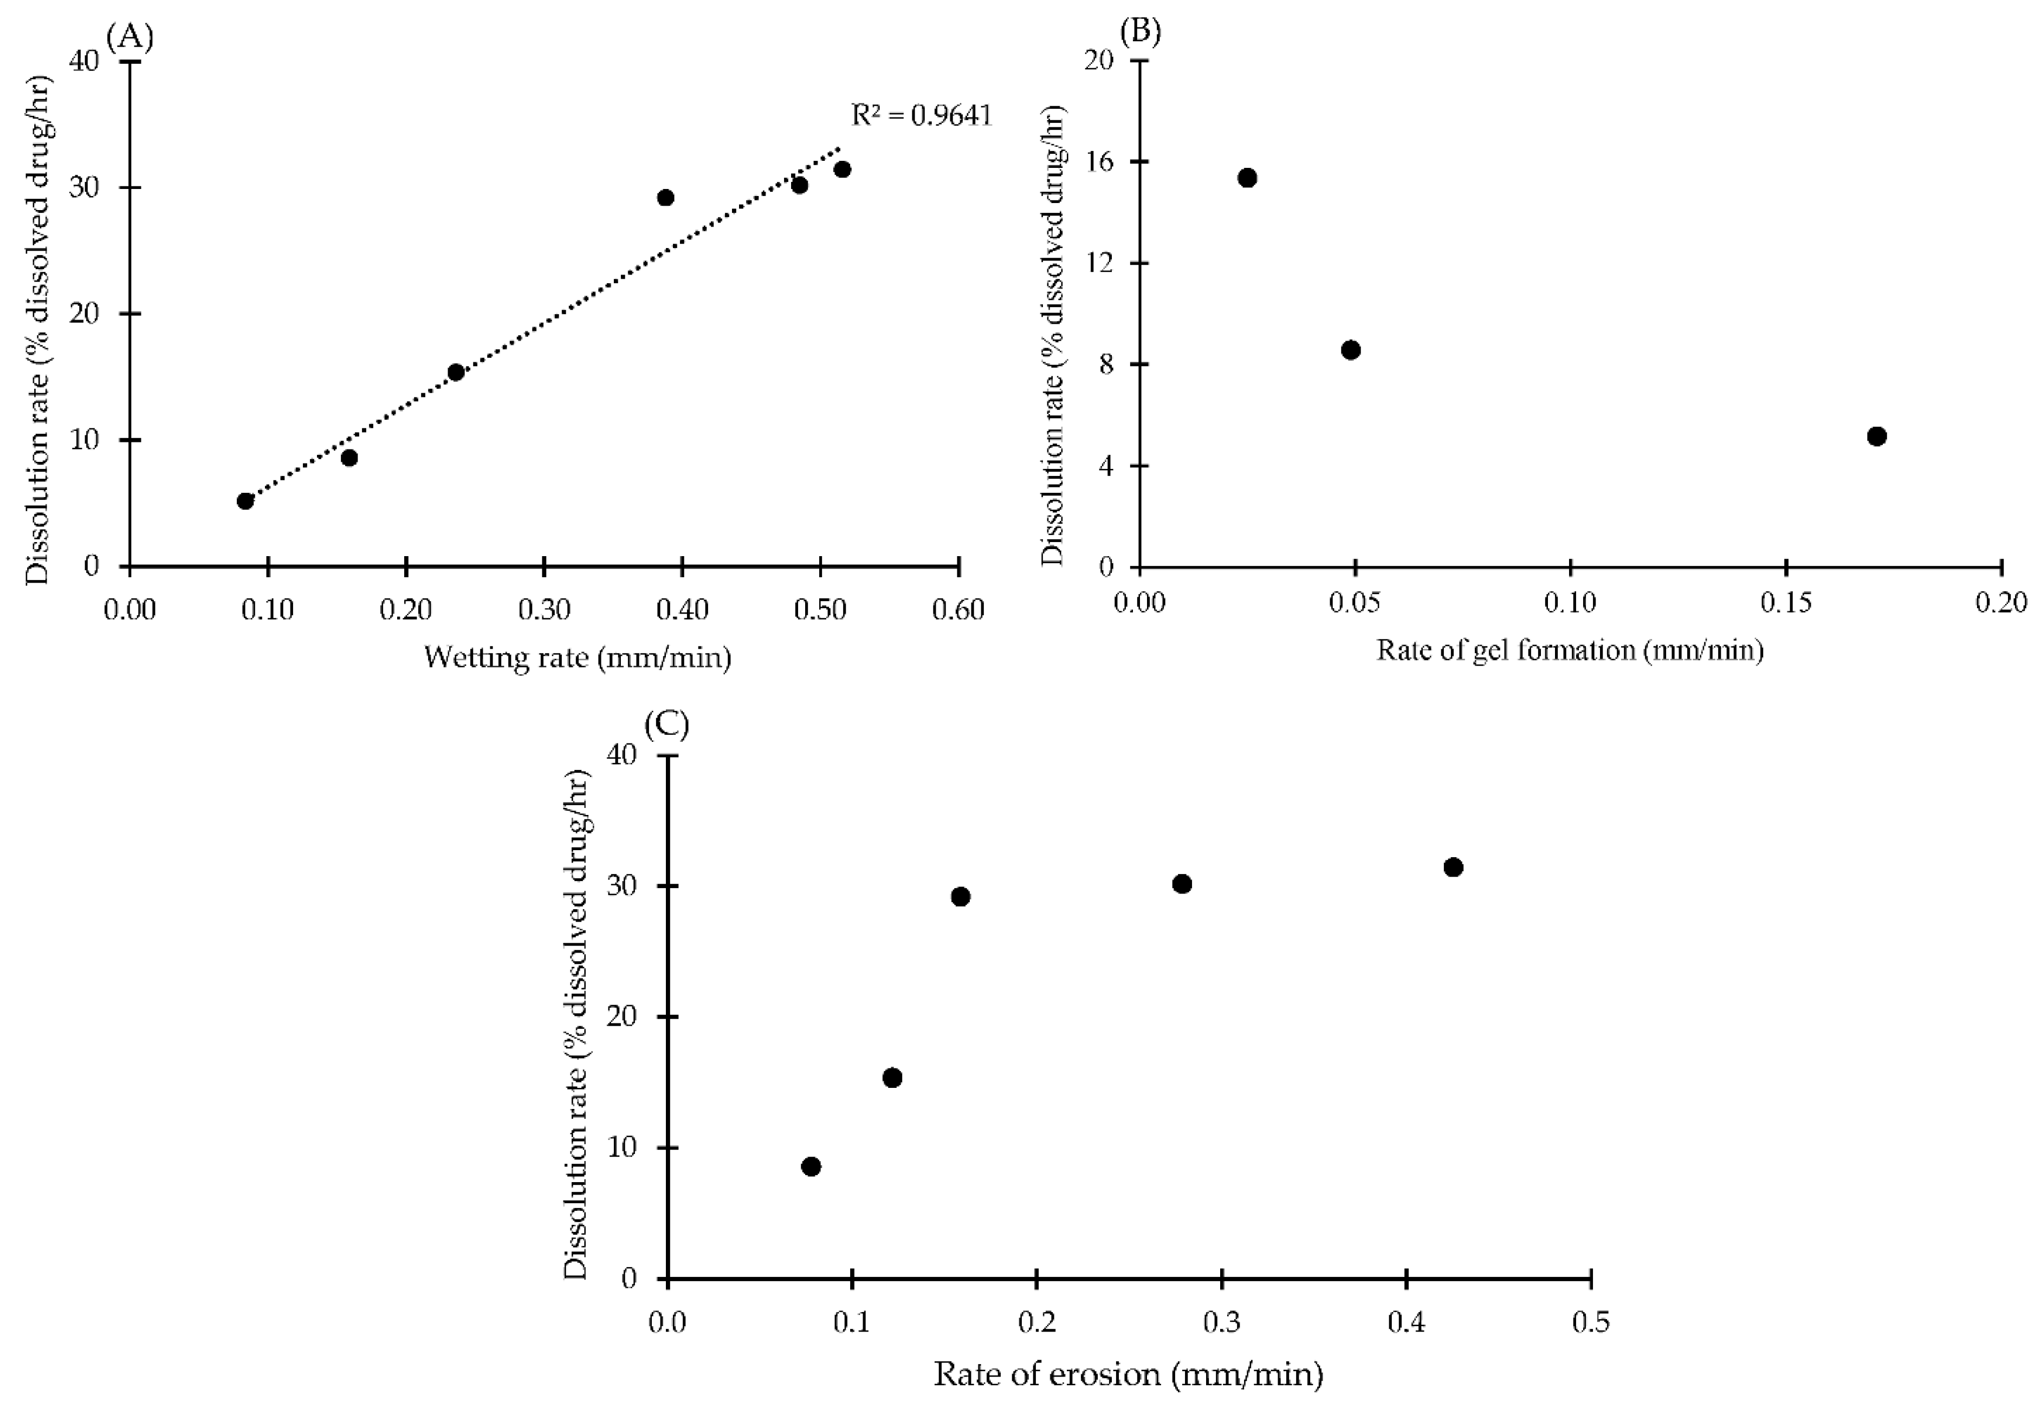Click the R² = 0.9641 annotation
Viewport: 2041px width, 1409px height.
click(921, 116)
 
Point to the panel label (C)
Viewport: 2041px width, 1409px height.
click(667, 724)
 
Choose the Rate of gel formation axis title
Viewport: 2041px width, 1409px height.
click(1570, 650)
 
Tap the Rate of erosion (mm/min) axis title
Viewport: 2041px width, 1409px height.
click(1128, 1374)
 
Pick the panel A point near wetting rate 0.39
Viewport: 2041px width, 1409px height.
click(666, 198)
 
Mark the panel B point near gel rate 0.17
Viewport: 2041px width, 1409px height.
click(1877, 436)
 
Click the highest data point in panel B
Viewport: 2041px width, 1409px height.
click(1247, 178)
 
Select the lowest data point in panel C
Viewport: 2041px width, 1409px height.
click(811, 1167)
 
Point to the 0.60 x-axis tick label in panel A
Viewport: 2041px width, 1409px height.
click(958, 609)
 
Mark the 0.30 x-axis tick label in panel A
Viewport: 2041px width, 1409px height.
click(544, 609)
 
